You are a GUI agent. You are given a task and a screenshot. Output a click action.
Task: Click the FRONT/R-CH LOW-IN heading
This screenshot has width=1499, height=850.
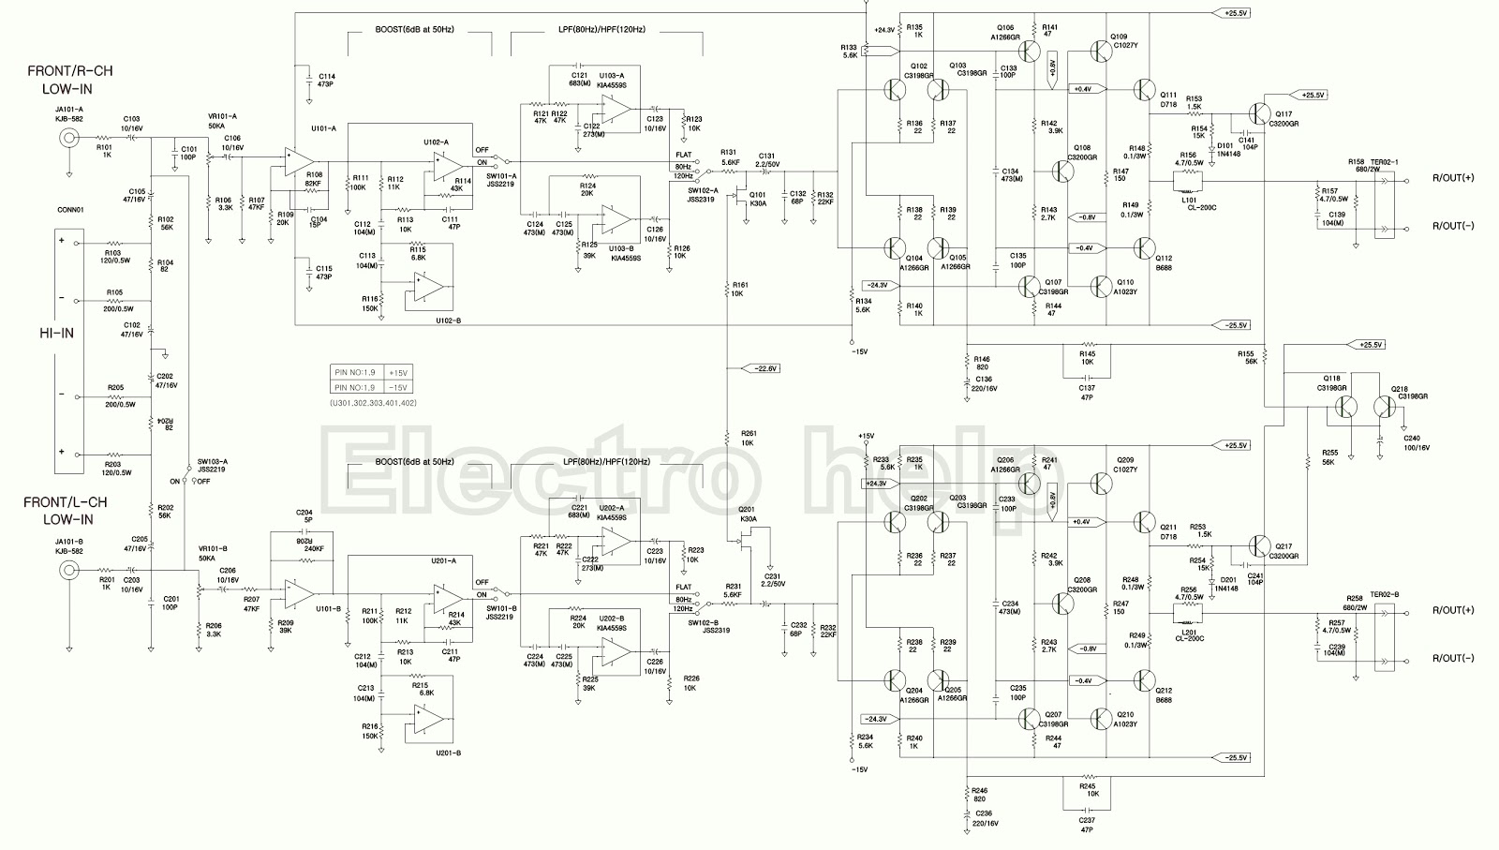click(x=70, y=80)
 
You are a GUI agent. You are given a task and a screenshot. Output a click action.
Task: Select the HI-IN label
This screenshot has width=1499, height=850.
click(x=56, y=334)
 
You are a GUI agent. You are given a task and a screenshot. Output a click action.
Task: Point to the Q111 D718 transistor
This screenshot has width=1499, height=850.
click(x=1145, y=89)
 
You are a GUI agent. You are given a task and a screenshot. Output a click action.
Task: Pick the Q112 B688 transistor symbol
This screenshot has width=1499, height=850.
click(x=1145, y=248)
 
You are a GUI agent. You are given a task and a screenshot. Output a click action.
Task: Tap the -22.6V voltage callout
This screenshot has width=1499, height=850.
click(x=764, y=368)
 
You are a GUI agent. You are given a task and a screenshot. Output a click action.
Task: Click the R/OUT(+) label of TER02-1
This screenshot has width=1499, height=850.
click(x=1453, y=178)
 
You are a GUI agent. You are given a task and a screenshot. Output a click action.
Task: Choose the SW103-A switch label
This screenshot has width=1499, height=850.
click(x=212, y=462)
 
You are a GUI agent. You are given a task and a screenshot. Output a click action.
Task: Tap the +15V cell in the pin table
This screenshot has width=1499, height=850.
click(x=397, y=372)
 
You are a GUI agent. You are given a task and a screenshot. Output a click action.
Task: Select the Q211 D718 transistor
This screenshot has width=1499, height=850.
click(x=1145, y=522)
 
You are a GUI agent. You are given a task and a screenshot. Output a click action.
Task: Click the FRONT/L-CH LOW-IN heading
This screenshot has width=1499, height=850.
click(x=66, y=511)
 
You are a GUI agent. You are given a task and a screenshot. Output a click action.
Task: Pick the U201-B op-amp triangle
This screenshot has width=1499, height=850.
click(x=428, y=720)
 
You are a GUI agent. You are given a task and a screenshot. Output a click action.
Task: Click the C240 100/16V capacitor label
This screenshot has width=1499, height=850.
click(x=1417, y=443)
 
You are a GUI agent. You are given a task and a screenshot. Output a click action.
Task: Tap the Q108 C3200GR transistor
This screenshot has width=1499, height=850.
click(x=1062, y=171)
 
